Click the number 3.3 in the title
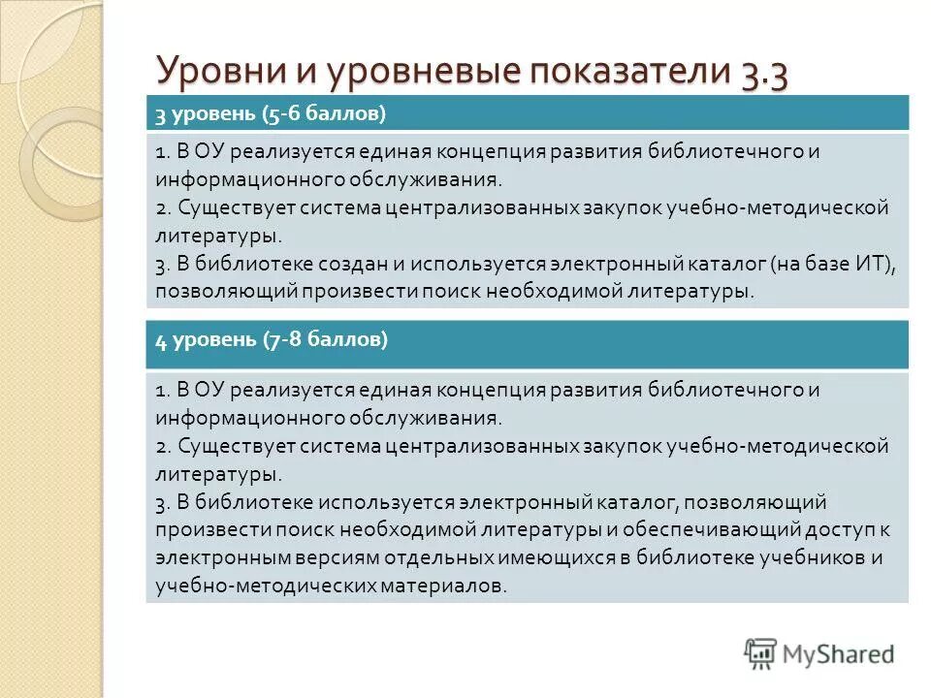point(763,73)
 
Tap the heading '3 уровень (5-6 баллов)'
point(272,113)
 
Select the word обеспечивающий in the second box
point(714,530)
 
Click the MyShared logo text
point(839,652)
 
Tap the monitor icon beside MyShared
point(760,652)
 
